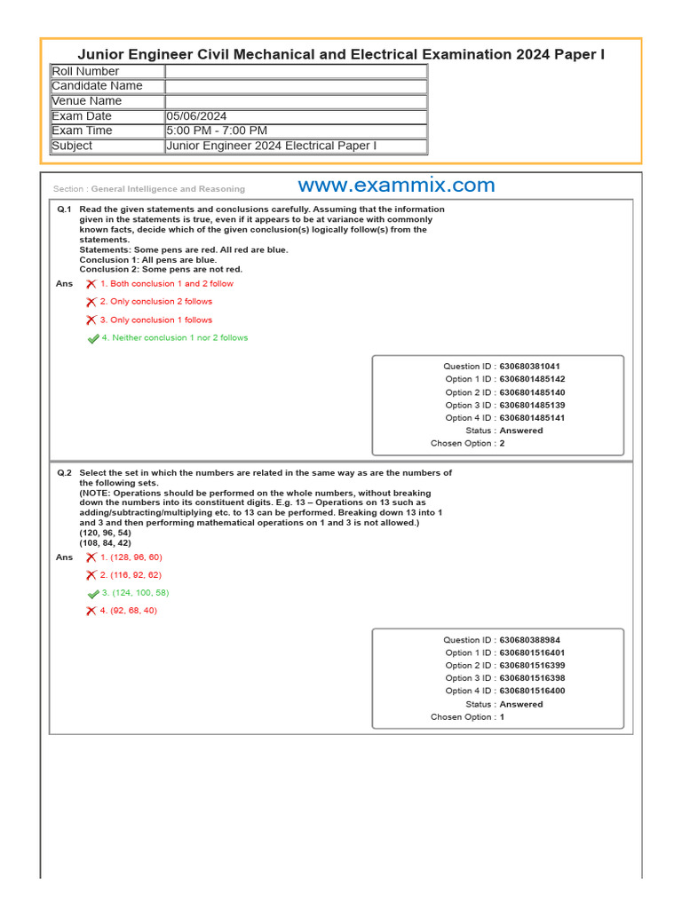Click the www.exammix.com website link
396,186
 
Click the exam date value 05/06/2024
196,116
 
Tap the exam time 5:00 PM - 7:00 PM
216,131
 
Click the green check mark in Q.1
93,339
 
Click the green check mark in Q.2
93,594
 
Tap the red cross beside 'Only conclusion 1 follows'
91,320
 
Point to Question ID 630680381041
529,367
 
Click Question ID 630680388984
529,640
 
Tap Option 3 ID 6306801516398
532,678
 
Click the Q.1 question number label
64,209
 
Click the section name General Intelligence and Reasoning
168,189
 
